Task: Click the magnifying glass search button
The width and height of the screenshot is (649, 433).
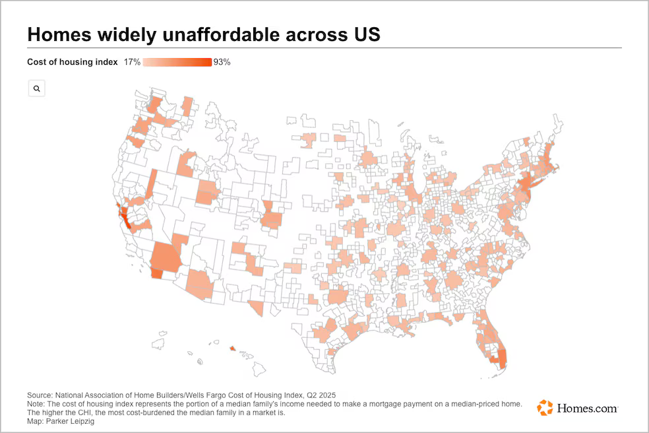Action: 36,88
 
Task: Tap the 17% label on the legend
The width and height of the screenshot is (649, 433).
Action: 132,62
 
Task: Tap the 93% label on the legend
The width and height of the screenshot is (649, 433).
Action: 222,62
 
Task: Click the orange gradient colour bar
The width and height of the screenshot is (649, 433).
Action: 177,62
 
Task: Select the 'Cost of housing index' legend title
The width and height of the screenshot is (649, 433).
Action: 72,62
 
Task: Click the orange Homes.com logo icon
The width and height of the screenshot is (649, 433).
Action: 545,407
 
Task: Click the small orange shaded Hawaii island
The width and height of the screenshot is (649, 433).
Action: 232,349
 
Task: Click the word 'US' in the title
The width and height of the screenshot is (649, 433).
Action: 367,34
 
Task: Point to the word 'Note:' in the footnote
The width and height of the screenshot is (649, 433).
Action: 38,404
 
